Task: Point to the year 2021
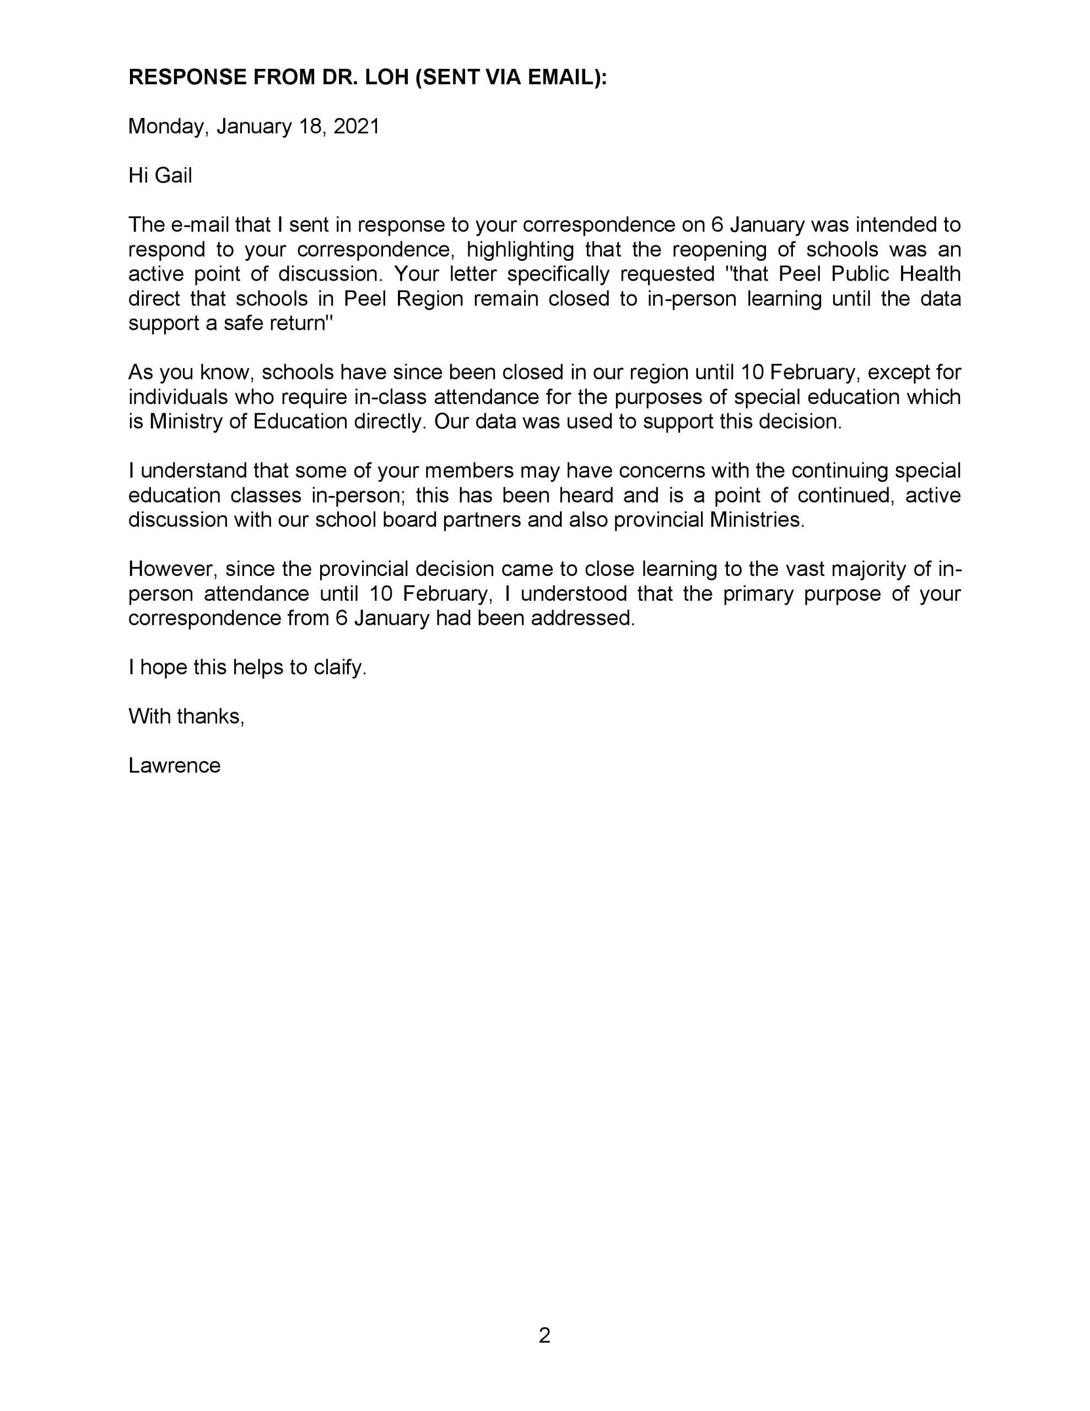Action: point(356,127)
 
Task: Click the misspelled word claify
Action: point(339,667)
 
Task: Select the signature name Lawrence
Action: point(175,766)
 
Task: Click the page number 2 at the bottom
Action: point(544,1335)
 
